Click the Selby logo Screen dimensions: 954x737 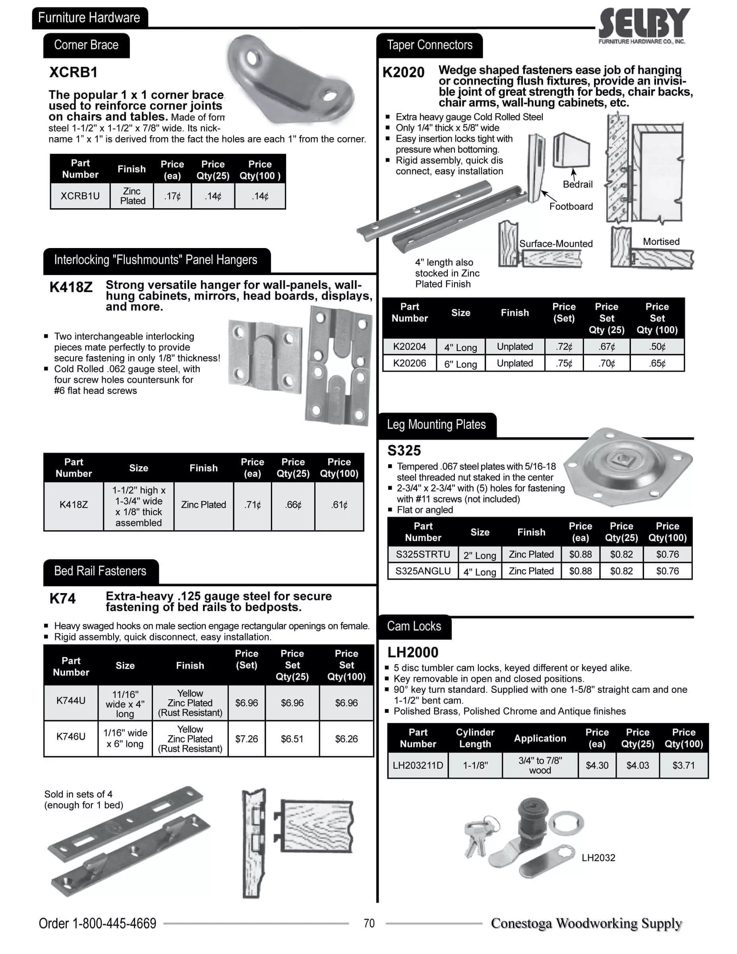click(x=644, y=25)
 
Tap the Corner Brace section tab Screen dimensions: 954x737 click(x=86, y=45)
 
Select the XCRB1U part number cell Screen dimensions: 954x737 click(x=80, y=196)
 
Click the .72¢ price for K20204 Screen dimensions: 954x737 click(x=564, y=347)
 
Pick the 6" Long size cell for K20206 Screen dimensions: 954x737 click(x=460, y=364)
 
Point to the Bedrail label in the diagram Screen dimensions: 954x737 click(x=577, y=184)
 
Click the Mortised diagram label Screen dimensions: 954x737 click(x=661, y=242)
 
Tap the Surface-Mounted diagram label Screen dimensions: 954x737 click(x=555, y=244)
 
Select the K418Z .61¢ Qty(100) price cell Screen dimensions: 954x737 click(x=339, y=505)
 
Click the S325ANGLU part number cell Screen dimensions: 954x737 click(x=423, y=571)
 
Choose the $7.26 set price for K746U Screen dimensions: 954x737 click(x=246, y=739)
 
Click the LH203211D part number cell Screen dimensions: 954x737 click(x=418, y=765)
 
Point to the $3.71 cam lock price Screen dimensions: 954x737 click(x=683, y=765)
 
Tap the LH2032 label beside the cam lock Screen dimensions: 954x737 click(x=598, y=857)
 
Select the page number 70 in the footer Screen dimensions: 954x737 click(x=369, y=923)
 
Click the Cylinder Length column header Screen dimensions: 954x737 click(x=475, y=738)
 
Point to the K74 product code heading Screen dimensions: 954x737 click(x=62, y=598)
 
